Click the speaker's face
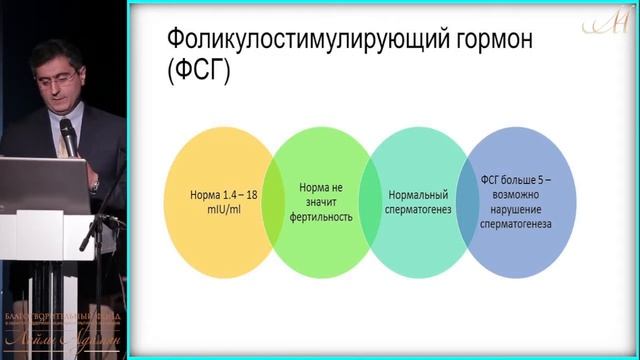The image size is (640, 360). (49, 74)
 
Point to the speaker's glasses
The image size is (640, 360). (52, 69)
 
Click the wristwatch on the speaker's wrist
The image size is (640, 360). (94, 184)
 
